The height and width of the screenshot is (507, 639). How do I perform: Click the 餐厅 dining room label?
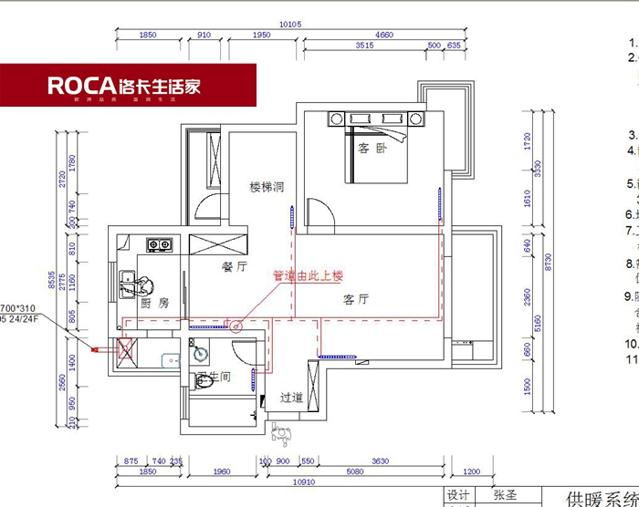tap(236, 268)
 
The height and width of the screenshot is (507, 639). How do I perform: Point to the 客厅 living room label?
tap(356, 299)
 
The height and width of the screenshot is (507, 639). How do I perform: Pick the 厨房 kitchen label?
tap(154, 303)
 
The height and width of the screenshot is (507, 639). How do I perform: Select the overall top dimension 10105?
tap(289, 24)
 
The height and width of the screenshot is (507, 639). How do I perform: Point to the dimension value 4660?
tap(384, 34)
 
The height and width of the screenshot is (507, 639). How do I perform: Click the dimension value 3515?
tap(364, 45)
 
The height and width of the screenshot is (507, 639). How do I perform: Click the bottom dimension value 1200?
tap(471, 471)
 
